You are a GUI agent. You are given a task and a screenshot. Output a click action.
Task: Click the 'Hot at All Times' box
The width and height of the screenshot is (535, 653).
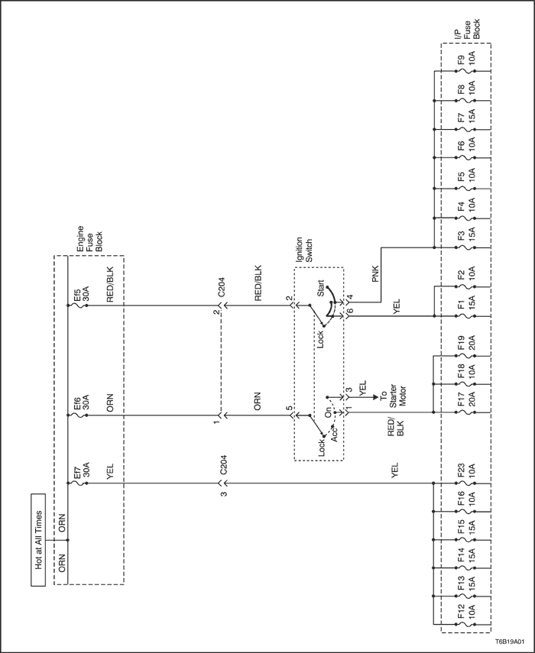pos(38,540)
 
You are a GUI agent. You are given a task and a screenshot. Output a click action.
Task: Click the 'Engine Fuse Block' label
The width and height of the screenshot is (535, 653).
pos(89,238)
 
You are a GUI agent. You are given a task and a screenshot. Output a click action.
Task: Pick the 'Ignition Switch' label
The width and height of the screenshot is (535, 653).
pos(303,250)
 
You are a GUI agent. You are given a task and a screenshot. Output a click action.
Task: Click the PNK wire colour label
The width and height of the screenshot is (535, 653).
pos(375,275)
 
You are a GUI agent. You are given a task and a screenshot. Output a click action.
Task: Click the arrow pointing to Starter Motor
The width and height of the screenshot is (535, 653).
pos(365,396)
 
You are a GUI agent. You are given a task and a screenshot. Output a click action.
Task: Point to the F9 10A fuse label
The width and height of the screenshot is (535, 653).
pos(467,60)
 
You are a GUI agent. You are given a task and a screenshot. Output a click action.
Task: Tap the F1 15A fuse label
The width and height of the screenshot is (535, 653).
pos(467,305)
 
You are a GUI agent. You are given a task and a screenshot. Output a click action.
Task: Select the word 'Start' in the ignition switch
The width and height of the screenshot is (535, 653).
pos(320,288)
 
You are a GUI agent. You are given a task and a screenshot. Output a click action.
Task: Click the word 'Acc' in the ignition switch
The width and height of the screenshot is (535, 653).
pos(335,434)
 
